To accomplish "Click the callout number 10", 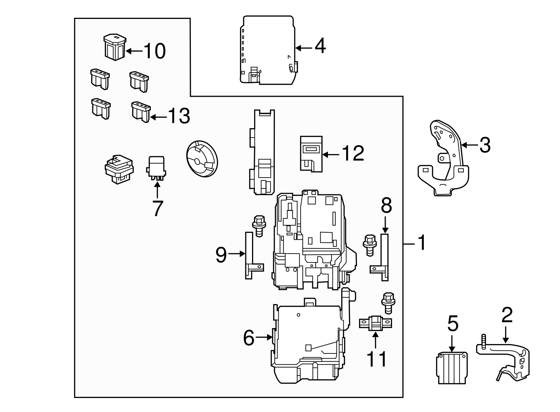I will [154, 51].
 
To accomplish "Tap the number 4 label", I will [320, 46].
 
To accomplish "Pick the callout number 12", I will [353, 153].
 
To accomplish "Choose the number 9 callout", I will [221, 255].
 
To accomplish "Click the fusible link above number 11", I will [376, 323].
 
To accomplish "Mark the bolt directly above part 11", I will [387, 302].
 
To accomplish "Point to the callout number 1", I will [422, 243].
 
